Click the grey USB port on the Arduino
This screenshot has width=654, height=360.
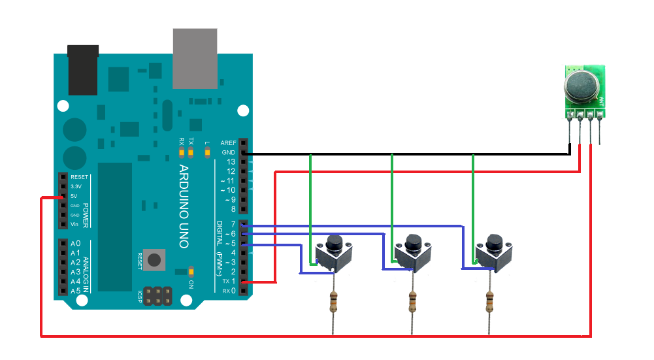[194, 58]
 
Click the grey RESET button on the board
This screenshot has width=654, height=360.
[154, 259]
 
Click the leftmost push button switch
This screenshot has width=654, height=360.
[335, 254]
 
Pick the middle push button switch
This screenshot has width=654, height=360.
[414, 254]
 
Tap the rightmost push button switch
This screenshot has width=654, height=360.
[494, 254]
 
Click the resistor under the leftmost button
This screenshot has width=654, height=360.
[335, 303]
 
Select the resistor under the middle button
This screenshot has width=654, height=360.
[413, 303]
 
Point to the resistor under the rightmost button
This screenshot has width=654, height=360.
[490, 303]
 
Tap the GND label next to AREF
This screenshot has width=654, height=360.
[228, 152]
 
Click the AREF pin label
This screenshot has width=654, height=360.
[228, 142]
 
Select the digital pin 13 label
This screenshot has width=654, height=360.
[230, 162]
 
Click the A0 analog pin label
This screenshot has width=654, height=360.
[75, 244]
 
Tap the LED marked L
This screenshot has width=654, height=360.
[208, 154]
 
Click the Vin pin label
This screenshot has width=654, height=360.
[74, 224]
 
